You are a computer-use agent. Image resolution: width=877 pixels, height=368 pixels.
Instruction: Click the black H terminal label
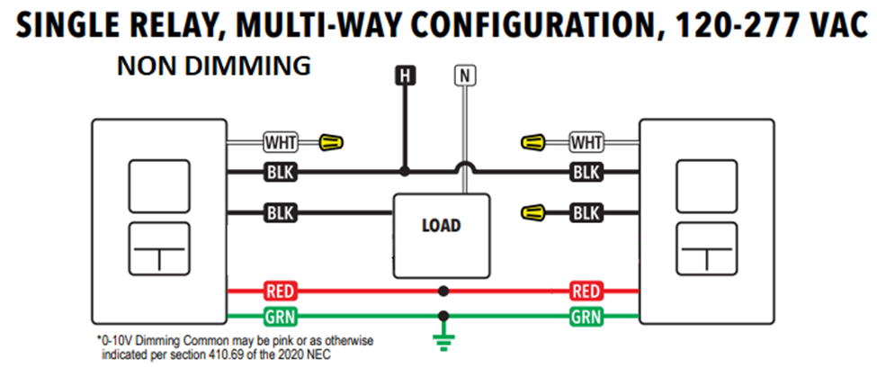click(406, 76)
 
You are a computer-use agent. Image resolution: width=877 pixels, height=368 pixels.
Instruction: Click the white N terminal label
click(463, 76)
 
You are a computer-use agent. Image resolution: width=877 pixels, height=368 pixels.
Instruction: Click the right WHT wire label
click(586, 142)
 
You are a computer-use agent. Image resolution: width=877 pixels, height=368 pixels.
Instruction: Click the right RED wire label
click(586, 292)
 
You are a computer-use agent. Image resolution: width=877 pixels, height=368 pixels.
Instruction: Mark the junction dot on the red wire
click(443, 292)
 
